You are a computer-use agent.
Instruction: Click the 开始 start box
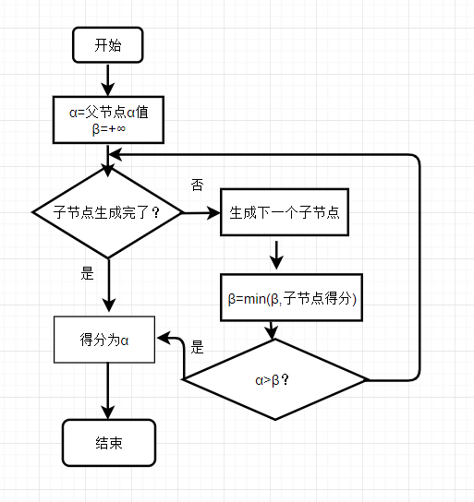(x=108, y=45)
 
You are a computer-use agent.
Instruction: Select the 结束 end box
(x=109, y=443)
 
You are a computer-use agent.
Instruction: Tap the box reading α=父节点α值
(x=108, y=120)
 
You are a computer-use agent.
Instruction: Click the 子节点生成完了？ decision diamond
(x=108, y=212)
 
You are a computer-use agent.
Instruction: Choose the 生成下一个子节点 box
(x=285, y=212)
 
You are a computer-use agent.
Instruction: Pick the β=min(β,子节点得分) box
(x=291, y=297)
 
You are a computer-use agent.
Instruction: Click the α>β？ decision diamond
(x=275, y=379)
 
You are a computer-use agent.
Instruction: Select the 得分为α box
(x=104, y=340)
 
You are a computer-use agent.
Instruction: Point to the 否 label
(x=197, y=185)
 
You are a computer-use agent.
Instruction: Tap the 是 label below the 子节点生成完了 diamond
(x=87, y=273)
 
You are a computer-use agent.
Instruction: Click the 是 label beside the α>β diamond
(x=197, y=347)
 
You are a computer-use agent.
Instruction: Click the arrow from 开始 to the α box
(x=108, y=80)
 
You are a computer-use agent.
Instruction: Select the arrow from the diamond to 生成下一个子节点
(x=201, y=212)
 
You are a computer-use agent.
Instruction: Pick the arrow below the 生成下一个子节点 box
(x=276, y=255)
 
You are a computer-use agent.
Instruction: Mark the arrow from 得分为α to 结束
(x=108, y=391)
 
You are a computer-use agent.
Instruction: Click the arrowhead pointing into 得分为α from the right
(x=164, y=339)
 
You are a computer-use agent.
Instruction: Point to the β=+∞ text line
(x=109, y=129)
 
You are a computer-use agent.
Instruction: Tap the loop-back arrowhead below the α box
(x=115, y=155)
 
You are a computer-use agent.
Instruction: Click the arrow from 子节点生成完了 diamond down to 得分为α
(x=109, y=285)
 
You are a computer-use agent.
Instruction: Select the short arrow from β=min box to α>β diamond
(x=272, y=330)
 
